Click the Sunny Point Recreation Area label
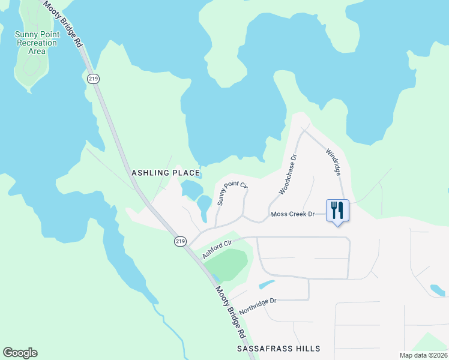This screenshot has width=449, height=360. [36, 43]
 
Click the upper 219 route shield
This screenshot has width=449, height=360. [92, 79]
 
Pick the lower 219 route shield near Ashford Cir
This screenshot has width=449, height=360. [180, 241]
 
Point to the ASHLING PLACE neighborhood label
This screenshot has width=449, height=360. [164, 173]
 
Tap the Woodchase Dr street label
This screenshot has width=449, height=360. [288, 175]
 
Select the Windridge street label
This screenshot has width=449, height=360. [333, 162]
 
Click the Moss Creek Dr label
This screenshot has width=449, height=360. [293, 214]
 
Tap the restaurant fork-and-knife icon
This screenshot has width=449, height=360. [337, 211]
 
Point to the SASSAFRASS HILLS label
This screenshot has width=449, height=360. [279, 348]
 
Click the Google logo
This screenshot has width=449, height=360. [20, 353]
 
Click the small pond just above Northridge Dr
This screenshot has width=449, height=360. [265, 284]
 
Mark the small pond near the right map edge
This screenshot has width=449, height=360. [437, 290]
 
